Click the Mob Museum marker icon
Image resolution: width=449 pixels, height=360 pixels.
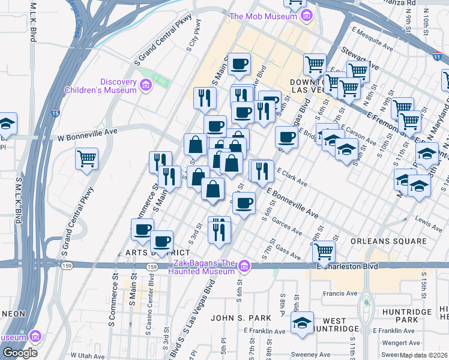point(307,15)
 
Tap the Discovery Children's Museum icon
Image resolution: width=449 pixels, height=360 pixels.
point(145,87)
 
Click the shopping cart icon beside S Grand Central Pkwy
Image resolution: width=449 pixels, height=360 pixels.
point(87,160)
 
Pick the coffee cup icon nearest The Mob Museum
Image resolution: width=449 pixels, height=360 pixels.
point(239,63)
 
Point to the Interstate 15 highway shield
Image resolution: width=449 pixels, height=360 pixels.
point(55,112)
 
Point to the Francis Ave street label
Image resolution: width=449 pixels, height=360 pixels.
point(340,294)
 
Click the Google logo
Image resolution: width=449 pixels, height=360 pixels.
point(20,352)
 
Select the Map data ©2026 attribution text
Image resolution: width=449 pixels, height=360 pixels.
point(423,355)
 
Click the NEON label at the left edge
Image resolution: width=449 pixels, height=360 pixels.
point(13,314)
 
